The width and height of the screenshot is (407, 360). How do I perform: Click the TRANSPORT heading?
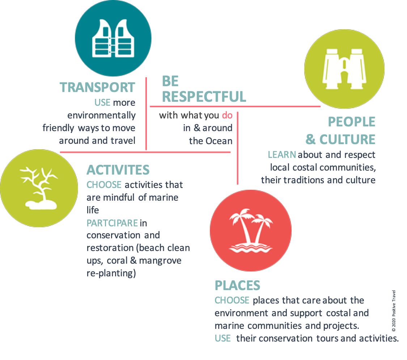tap(97, 87)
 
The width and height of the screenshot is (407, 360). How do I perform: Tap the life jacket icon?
tap(113, 38)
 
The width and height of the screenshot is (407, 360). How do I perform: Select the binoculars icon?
tap(344, 69)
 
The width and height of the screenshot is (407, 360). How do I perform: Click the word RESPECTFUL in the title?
tap(204, 97)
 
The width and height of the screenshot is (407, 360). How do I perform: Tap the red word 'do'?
tap(227, 115)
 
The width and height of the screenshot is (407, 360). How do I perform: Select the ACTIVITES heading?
tap(118, 170)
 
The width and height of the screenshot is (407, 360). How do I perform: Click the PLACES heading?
tap(237, 285)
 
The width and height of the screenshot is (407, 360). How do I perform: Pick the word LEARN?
tap(282, 155)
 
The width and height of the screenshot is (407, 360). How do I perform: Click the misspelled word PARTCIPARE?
tap(112, 223)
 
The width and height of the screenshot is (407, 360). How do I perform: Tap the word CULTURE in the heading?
tap(347, 139)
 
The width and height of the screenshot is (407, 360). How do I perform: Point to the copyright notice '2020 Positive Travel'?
tap(394, 311)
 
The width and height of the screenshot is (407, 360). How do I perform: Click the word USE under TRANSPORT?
tap(102, 102)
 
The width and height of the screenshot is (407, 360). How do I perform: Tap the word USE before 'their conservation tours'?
tap(223, 338)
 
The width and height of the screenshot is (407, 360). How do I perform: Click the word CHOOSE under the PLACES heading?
tap(232, 301)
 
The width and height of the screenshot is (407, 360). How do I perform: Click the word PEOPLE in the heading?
tap(351, 122)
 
